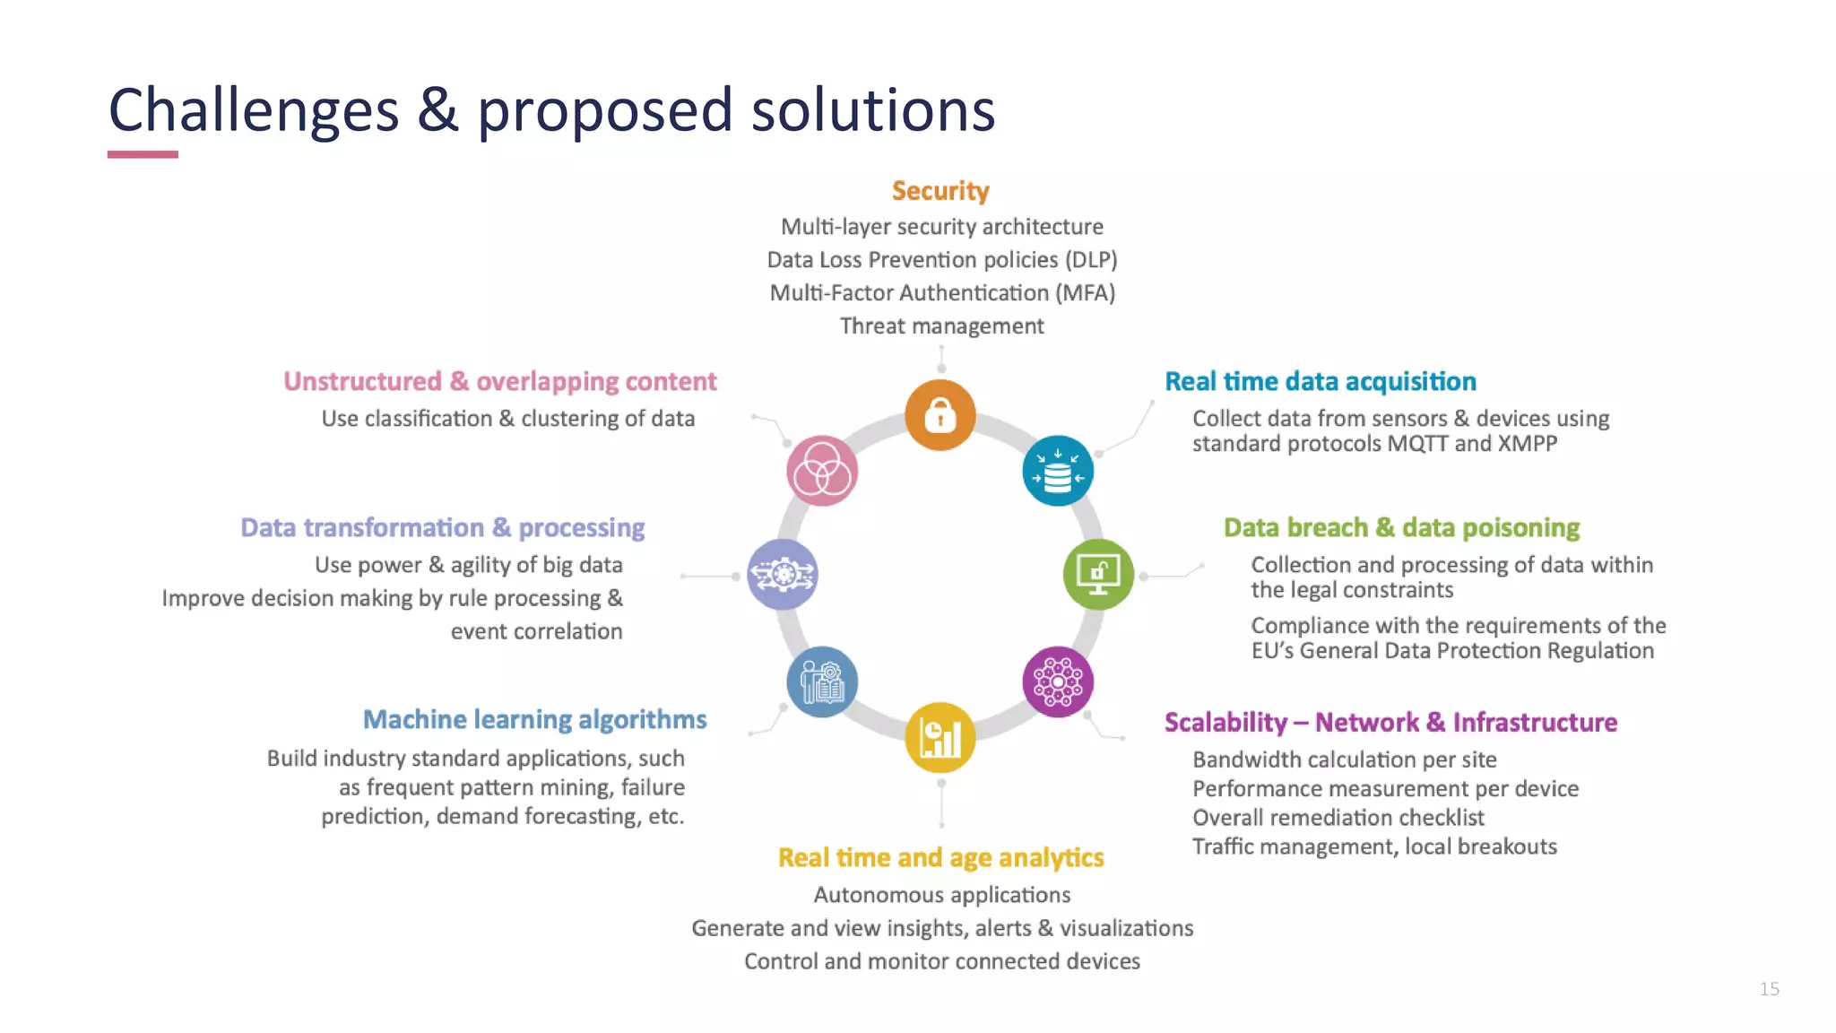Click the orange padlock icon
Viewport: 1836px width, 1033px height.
pos(940,415)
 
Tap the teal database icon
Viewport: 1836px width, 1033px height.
pos(1058,471)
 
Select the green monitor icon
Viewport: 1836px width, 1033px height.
pos(1098,575)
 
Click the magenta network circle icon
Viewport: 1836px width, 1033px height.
pos(1058,681)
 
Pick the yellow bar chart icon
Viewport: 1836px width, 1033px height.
pos(940,738)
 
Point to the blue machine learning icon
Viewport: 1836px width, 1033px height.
pos(822,681)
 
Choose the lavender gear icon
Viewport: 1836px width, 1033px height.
pos(783,575)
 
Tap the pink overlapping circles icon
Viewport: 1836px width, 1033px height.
pos(822,471)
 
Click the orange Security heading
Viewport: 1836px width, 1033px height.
pos(940,191)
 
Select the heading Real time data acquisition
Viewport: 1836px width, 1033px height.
pos(1320,382)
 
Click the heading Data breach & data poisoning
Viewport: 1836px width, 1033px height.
pos(1401,528)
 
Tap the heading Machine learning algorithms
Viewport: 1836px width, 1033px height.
pos(534,720)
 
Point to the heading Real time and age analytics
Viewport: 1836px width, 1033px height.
pos(940,858)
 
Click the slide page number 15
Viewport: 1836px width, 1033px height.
pos(1769,989)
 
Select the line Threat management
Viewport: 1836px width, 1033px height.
pos(941,326)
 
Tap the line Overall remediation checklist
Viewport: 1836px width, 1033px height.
pos(1338,818)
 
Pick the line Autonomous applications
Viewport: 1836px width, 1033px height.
pos(941,895)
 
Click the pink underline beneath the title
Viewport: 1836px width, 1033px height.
pos(143,155)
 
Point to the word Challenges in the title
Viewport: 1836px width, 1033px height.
pos(254,111)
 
